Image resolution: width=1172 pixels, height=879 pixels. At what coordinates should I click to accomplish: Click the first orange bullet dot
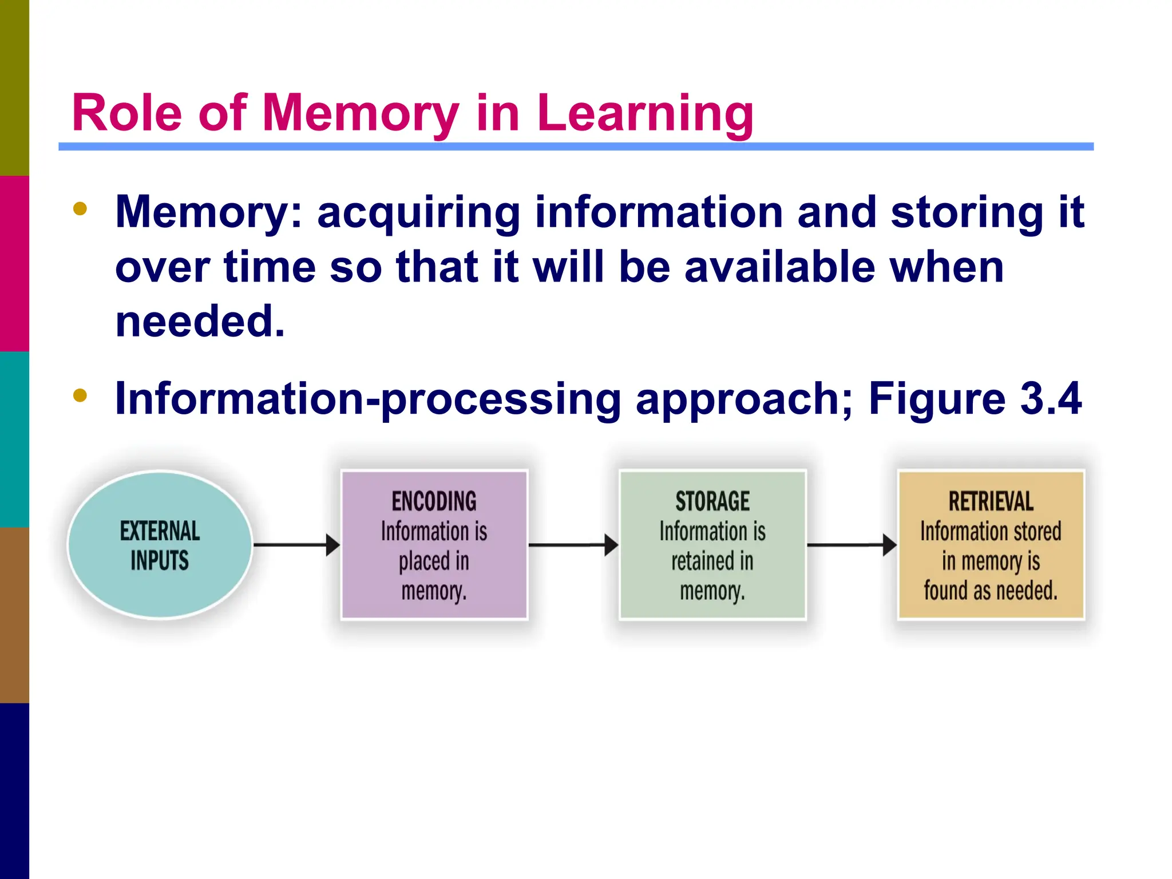(80, 209)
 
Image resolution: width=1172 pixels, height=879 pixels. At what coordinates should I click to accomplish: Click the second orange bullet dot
(80, 395)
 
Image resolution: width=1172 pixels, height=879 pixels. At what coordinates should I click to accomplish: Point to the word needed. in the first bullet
(200, 321)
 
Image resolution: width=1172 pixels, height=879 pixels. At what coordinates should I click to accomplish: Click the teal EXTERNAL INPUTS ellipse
(160, 545)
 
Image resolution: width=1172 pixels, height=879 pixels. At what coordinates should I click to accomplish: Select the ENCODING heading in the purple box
(434, 501)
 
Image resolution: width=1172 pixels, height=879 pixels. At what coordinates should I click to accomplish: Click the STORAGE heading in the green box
(712, 501)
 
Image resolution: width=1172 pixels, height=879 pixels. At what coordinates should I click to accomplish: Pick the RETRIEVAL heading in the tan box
(991, 501)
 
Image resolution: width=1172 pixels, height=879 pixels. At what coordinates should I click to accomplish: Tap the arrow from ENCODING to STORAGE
(573, 545)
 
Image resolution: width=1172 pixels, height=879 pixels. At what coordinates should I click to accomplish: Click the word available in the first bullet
(779, 267)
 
